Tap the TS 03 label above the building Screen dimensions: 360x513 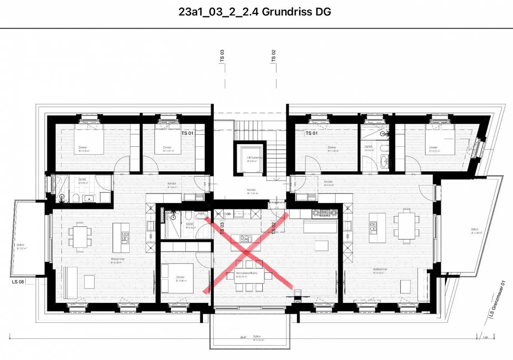click(222, 56)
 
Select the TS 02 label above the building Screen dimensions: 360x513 click(274, 56)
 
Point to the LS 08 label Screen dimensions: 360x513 click(18, 282)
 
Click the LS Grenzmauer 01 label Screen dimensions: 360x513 click(497, 299)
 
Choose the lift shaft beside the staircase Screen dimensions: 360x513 click(250, 158)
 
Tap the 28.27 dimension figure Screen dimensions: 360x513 click(243, 337)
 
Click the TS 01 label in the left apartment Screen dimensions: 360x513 click(187, 133)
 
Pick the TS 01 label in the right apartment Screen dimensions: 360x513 click(311, 133)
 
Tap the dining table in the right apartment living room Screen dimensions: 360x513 click(406, 225)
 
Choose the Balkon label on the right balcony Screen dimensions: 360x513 click(475, 230)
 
